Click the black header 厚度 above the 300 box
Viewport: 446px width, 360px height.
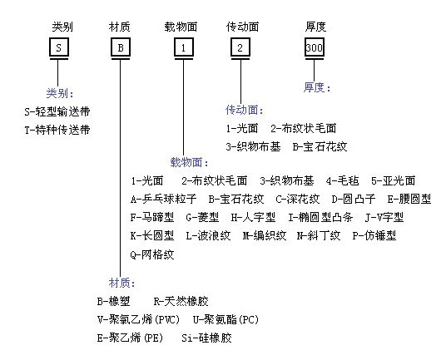pos(315,27)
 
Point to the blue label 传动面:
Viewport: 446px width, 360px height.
pos(245,110)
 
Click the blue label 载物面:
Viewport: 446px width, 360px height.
pos(189,162)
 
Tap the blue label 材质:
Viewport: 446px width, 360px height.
pos(121,283)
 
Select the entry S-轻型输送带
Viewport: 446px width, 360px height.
pos(57,111)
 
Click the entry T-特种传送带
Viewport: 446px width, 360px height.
pos(57,130)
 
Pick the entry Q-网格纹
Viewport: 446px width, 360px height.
pos(152,254)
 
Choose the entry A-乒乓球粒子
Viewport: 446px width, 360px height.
pos(164,199)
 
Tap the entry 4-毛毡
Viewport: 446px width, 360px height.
pos(343,180)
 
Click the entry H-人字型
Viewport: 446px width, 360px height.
pos(253,217)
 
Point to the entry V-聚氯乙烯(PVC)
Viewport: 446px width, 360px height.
pos(138,319)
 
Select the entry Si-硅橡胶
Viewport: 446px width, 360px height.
pos(207,338)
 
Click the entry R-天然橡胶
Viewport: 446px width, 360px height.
pos(181,301)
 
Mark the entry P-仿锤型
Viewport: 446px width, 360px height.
pos(374,235)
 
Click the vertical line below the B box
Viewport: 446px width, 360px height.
pos(121,168)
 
